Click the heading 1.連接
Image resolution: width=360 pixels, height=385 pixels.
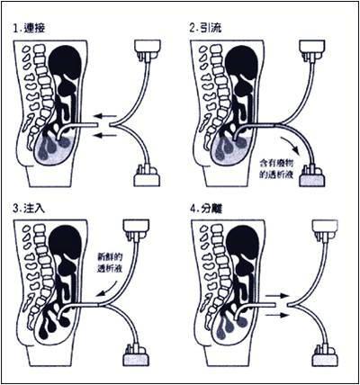(29, 29)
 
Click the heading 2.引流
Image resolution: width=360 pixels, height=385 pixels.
(206, 28)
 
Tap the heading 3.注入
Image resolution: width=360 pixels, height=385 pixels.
(29, 209)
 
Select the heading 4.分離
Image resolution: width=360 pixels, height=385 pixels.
(206, 209)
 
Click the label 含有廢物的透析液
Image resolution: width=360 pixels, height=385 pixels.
(277, 169)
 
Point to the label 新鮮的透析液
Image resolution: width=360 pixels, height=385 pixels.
(110, 263)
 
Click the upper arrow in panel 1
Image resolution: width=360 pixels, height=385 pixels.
(104, 116)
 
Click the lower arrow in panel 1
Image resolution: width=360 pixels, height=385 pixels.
(104, 136)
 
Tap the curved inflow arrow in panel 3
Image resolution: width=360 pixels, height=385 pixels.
(107, 289)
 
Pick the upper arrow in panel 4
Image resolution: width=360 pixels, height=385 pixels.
(276, 296)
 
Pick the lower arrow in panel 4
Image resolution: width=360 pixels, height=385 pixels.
(276, 315)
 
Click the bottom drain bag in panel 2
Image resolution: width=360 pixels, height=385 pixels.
(313, 177)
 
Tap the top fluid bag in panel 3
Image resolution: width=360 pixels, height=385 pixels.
(136, 228)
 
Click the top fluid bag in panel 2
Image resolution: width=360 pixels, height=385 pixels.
(313, 49)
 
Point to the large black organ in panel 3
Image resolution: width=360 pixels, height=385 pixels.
(65, 243)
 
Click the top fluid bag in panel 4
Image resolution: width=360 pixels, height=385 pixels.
(326, 229)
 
